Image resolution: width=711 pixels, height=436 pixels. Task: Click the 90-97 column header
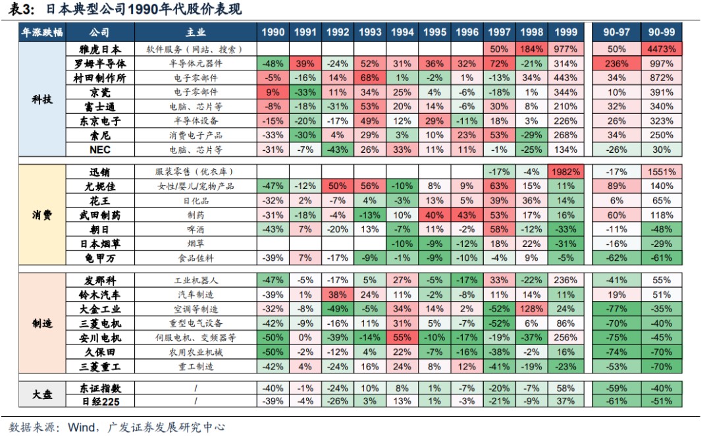pyautogui.click(x=616, y=32)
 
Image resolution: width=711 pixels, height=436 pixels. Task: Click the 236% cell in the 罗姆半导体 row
pyautogui.click(x=616, y=64)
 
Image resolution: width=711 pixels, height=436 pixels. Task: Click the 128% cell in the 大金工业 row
pyautogui.click(x=532, y=309)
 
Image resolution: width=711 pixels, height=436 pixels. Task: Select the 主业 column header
pyautogui.click(x=196, y=32)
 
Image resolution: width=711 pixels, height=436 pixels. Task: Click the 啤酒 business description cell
pyautogui.click(x=196, y=229)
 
